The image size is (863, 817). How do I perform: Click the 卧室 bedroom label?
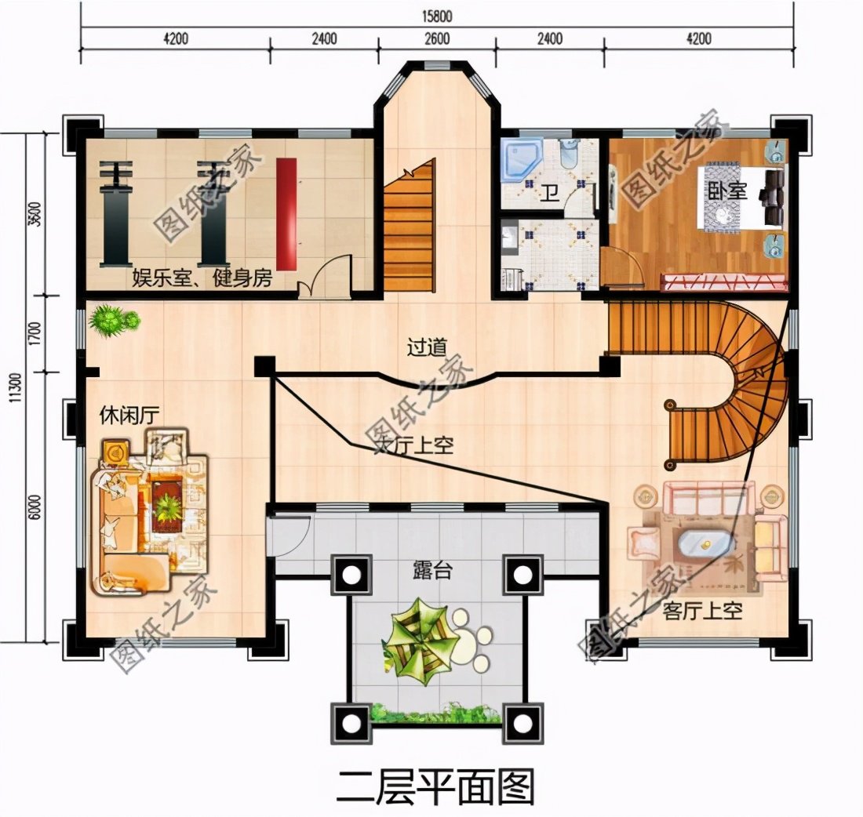point(727,191)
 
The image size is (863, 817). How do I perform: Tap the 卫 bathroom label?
point(550,191)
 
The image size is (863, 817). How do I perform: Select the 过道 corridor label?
point(427,347)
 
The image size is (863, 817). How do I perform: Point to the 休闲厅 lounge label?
point(129,416)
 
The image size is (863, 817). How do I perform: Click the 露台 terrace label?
point(431,570)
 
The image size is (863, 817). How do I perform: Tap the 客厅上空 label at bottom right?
point(702,611)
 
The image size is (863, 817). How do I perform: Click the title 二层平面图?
point(436,786)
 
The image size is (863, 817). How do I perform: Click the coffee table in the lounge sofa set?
point(166,503)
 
